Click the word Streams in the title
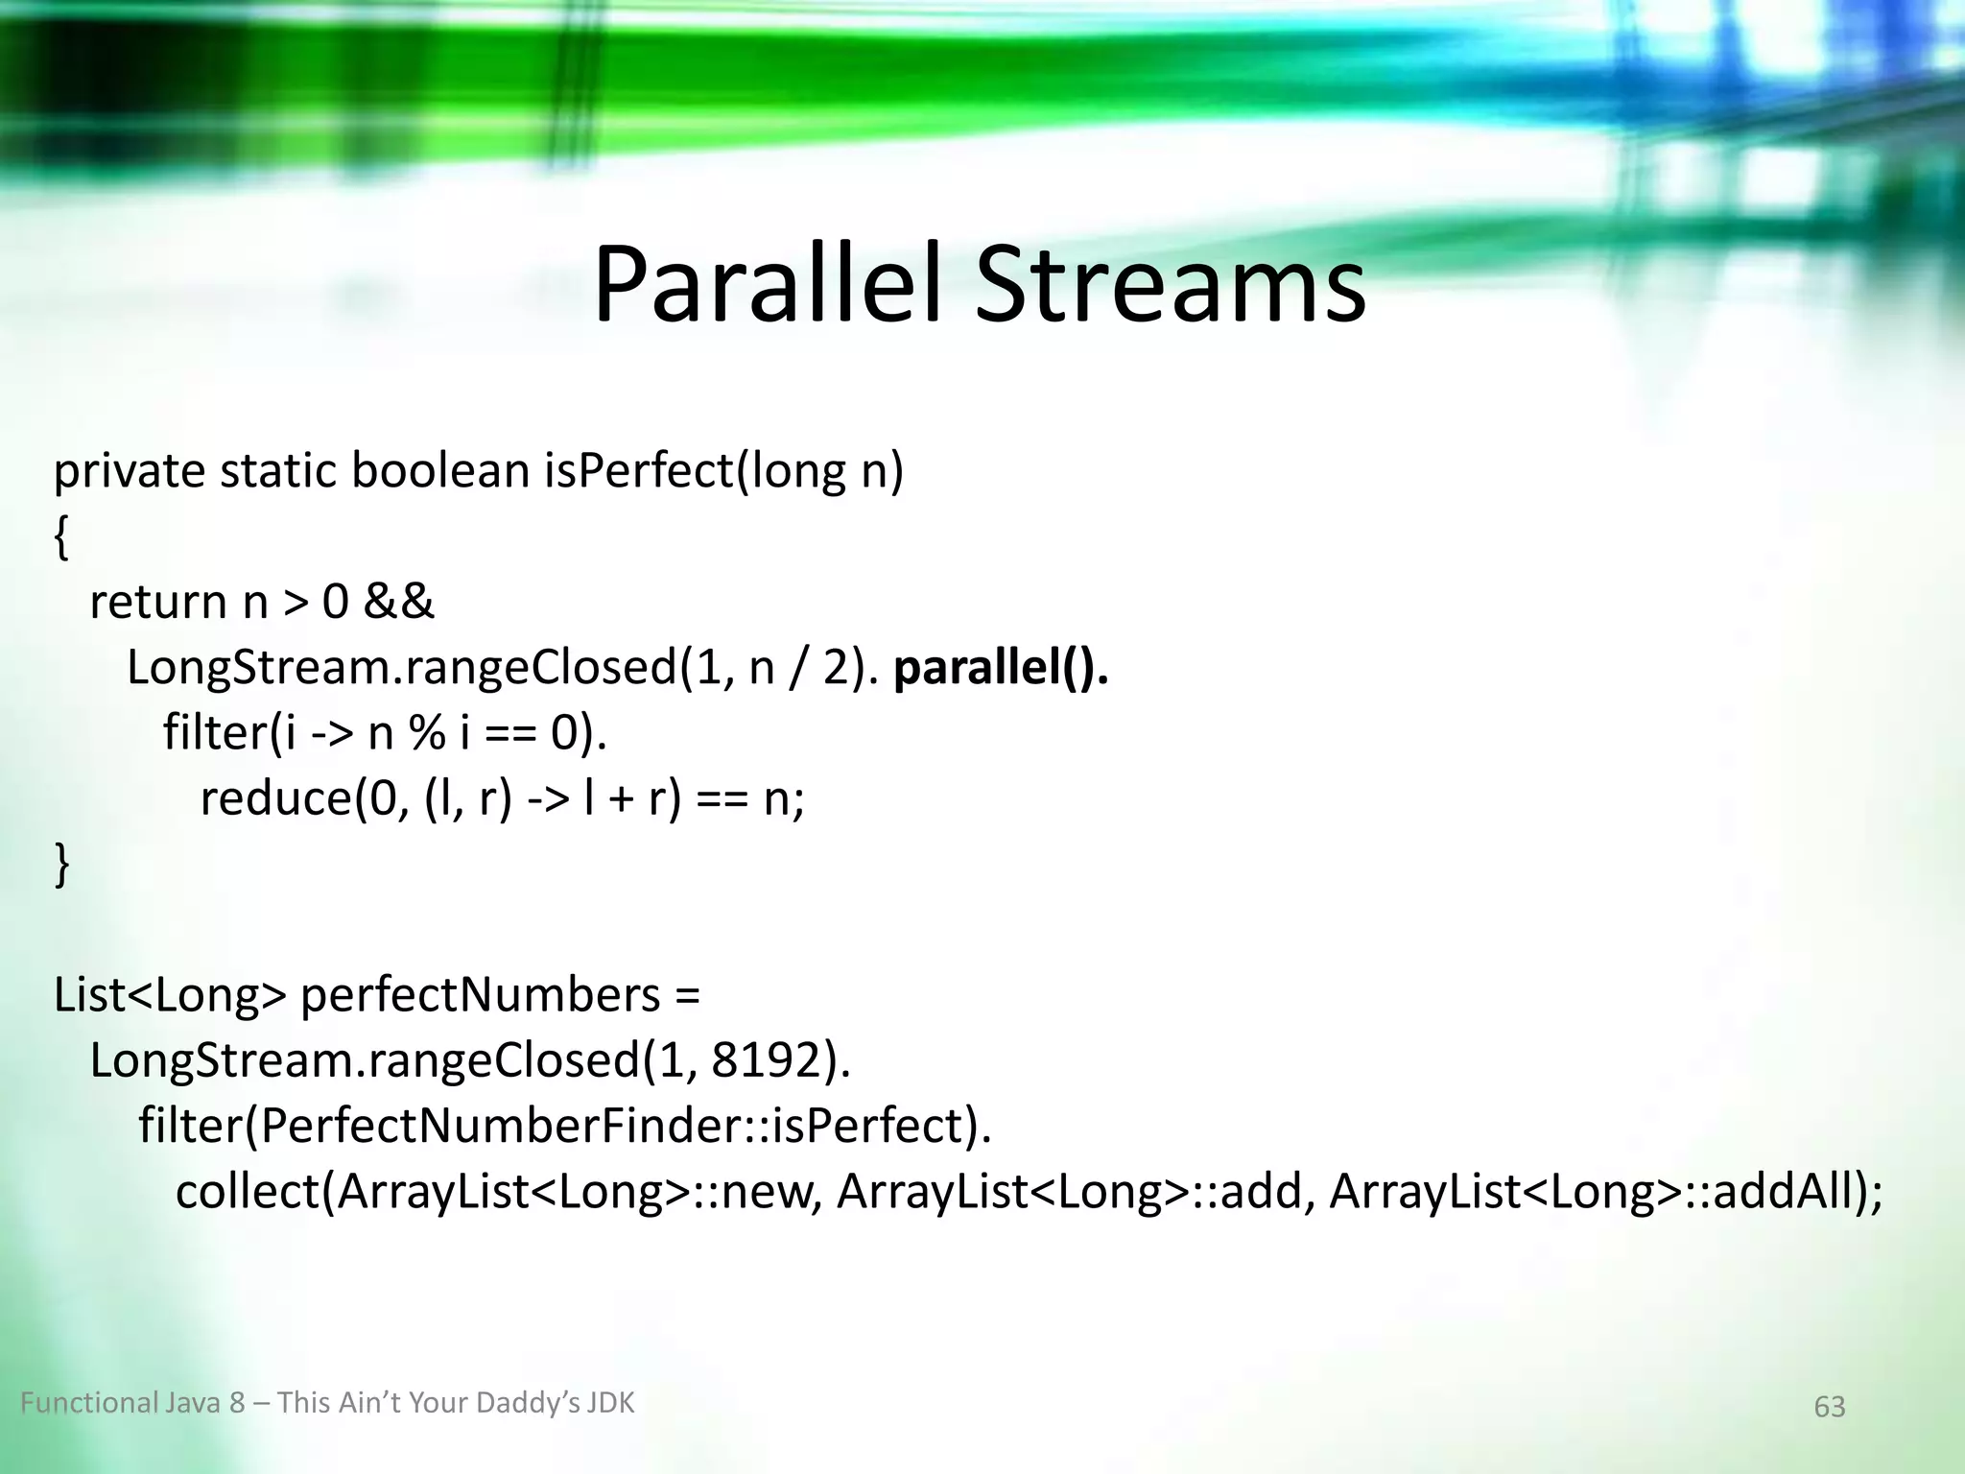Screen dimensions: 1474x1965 point(1171,286)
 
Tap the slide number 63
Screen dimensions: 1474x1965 point(1829,1407)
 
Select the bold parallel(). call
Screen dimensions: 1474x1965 point(1001,668)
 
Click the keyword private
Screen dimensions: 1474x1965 point(129,472)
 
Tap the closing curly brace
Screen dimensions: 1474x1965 point(61,864)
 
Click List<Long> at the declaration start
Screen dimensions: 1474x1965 point(169,995)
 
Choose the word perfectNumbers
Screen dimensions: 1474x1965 point(480,995)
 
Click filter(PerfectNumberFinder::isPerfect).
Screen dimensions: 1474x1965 point(564,1126)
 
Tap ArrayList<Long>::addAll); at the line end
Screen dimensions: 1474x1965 point(1605,1192)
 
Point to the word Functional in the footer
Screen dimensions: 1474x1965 point(87,1403)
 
